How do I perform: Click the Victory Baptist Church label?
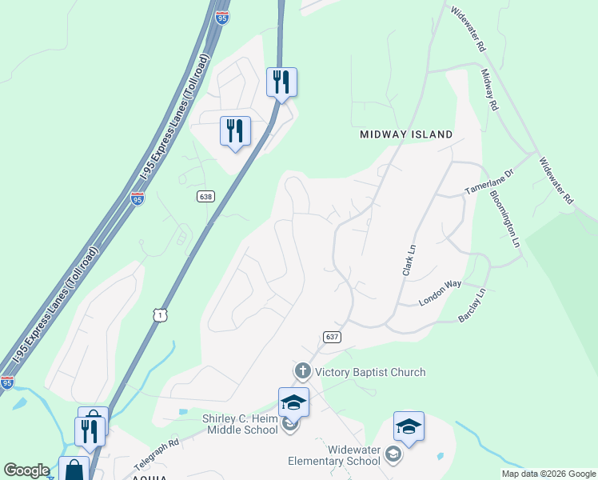370,372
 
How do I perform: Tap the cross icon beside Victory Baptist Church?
302,371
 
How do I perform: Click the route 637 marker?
333,337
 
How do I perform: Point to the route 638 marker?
206,195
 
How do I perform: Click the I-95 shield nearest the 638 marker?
138,199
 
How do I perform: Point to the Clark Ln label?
409,260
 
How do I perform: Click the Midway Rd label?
489,89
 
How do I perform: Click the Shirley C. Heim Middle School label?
240,423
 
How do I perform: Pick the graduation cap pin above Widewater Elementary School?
409,427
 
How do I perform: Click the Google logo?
26,470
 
